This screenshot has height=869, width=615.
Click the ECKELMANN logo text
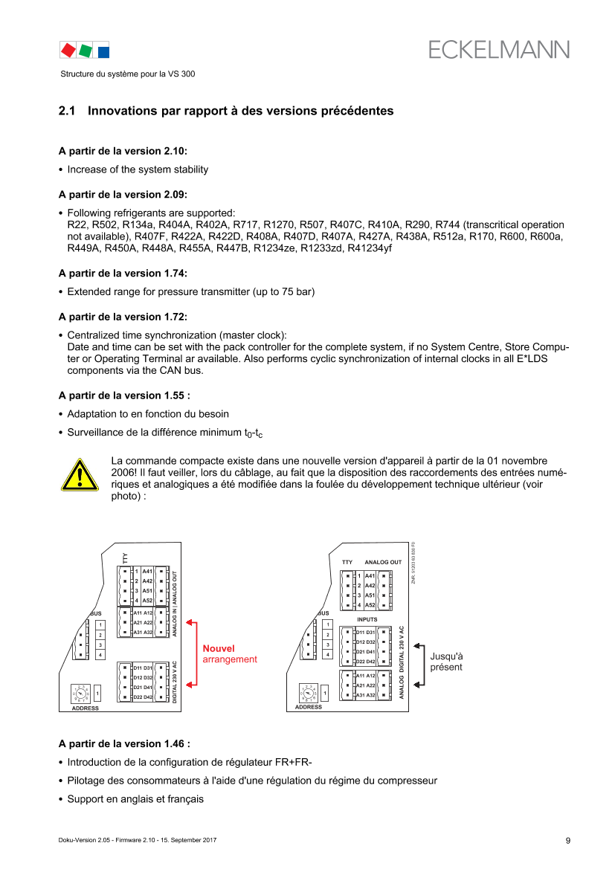click(499, 49)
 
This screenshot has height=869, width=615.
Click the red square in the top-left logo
click(68, 50)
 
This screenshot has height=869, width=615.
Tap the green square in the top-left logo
click(86, 50)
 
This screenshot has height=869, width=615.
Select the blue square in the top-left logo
click(103, 51)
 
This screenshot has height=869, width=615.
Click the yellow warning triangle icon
click(79, 474)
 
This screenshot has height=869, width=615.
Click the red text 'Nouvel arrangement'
click(230, 653)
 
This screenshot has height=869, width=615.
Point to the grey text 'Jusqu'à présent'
click(446, 662)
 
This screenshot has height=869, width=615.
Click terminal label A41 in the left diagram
click(147, 571)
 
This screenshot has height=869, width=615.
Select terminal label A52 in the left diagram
click(147, 600)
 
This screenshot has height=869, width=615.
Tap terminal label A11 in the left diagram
click(138, 613)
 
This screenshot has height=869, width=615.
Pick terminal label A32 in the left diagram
click(148, 632)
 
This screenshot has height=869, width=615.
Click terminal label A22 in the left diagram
click(148, 622)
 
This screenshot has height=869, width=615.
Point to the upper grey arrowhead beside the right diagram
click(418, 646)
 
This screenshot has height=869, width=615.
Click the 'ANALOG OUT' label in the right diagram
click(383, 562)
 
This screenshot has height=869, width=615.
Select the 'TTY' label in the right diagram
click(347, 562)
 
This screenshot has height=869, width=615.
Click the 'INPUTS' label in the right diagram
click(368, 618)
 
